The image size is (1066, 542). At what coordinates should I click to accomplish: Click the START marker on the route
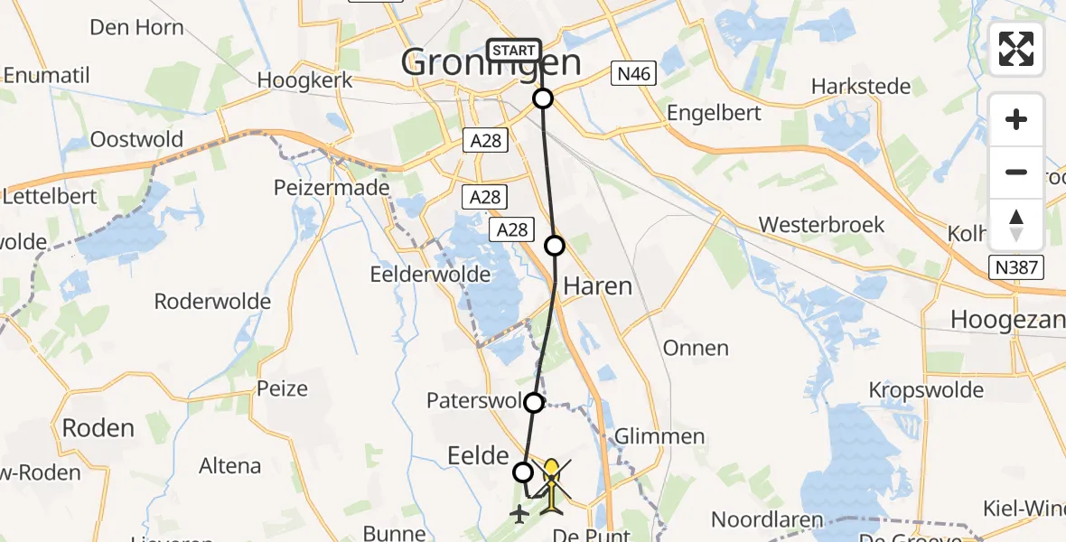click(x=514, y=51)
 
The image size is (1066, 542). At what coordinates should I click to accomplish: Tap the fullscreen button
click(x=1016, y=49)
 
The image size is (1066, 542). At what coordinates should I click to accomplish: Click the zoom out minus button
click(x=1016, y=172)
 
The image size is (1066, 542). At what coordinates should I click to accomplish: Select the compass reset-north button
click(x=1016, y=225)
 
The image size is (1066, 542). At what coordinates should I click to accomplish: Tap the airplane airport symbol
click(x=519, y=514)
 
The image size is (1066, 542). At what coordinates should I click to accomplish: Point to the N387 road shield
click(x=1015, y=267)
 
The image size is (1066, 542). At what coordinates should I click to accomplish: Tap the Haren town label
click(x=597, y=286)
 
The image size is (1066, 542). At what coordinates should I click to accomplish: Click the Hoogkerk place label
click(x=303, y=80)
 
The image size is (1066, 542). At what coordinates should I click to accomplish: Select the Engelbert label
click(x=714, y=113)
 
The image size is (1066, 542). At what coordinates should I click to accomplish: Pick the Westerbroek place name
click(x=821, y=224)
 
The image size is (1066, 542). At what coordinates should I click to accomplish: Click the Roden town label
click(x=98, y=427)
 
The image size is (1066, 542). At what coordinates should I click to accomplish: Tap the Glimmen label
click(x=659, y=437)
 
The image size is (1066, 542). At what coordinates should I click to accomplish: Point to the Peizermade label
click(x=331, y=188)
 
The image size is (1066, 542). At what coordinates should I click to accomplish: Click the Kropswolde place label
click(x=926, y=390)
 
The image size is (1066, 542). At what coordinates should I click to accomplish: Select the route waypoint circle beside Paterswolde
click(x=534, y=403)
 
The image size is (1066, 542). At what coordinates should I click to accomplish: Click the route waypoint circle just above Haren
click(x=555, y=245)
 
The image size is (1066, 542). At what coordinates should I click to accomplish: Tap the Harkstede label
click(x=859, y=87)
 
